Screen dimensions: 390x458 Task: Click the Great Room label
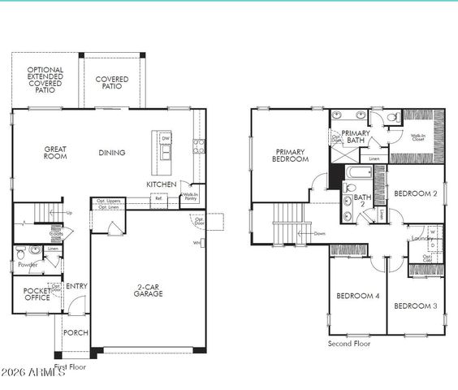pos(54,153)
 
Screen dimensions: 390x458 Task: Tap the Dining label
pos(112,153)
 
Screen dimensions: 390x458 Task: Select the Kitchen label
pos(161,184)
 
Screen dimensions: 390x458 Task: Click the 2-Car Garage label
pos(149,290)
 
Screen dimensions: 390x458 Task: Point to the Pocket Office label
pos(36,294)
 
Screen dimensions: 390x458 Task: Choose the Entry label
pos(77,286)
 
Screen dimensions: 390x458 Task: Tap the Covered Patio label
pos(111,83)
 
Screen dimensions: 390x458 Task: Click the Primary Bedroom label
pos(291,155)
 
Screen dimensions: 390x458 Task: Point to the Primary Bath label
pos(356,136)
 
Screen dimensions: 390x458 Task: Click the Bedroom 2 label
pos(416,193)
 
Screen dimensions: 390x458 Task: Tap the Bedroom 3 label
pos(416,305)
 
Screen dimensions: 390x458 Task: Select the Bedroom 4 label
pos(356,296)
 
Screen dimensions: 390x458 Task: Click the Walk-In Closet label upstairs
pos(419,138)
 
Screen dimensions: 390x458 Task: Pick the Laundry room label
pos(421,238)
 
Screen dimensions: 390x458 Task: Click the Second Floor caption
pos(349,344)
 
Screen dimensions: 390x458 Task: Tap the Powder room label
pos(28,264)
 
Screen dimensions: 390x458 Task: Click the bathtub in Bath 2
pos(358,173)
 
